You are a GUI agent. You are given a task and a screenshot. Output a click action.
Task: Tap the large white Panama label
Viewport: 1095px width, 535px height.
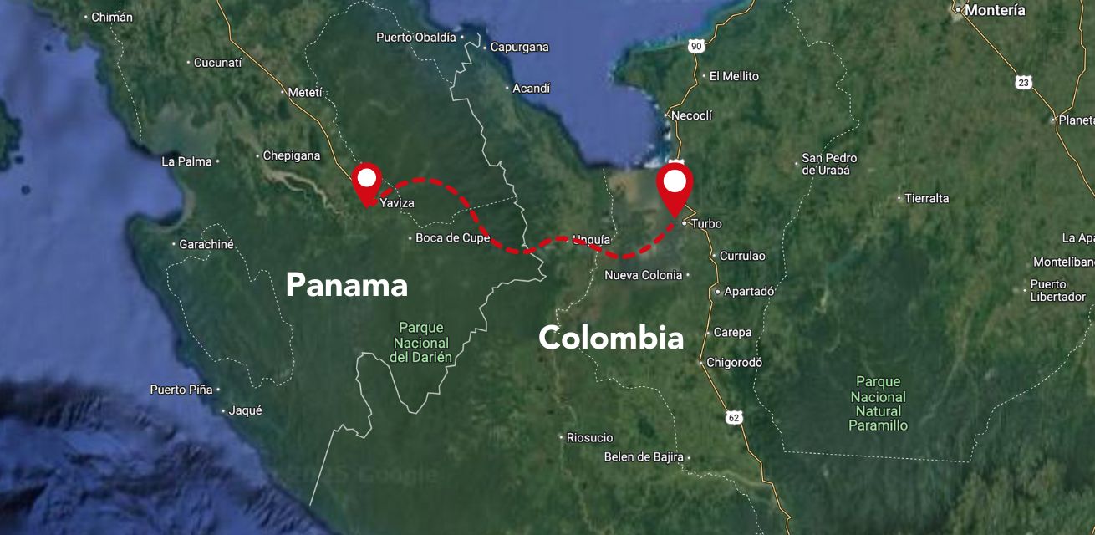pos(346,286)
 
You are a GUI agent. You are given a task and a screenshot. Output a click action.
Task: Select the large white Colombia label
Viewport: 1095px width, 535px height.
pos(611,338)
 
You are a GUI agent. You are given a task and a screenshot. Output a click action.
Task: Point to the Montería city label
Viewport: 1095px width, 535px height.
pos(994,11)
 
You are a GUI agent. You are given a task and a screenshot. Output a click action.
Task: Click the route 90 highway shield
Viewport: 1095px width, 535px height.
pos(695,46)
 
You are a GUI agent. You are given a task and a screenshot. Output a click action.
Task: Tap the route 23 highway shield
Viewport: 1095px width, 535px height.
pos(1024,82)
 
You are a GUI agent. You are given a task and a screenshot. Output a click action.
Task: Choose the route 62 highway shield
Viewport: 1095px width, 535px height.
pos(734,417)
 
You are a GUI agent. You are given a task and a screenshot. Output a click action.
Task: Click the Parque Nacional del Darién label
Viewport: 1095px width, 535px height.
pos(421,342)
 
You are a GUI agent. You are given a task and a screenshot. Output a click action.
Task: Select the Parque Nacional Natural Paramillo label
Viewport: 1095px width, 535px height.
pos(878,404)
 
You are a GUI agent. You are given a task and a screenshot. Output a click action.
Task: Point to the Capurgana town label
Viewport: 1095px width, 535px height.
pos(519,48)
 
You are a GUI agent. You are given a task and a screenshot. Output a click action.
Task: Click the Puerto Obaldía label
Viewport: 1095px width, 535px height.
pos(416,37)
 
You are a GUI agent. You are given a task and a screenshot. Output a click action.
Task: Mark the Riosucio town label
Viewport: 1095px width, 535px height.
pos(589,437)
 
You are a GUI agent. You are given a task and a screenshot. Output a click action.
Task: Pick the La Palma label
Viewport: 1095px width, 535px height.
pos(186,161)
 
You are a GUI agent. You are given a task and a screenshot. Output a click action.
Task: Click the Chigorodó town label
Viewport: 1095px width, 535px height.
pos(734,363)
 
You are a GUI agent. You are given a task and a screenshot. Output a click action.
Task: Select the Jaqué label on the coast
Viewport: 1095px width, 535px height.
pos(245,410)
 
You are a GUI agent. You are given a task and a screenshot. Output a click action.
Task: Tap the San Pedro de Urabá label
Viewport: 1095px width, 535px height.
pos(829,164)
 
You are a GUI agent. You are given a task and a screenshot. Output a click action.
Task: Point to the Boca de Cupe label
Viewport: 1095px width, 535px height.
pos(453,238)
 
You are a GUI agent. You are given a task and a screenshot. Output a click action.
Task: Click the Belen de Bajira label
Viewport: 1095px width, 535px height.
pos(644,457)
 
